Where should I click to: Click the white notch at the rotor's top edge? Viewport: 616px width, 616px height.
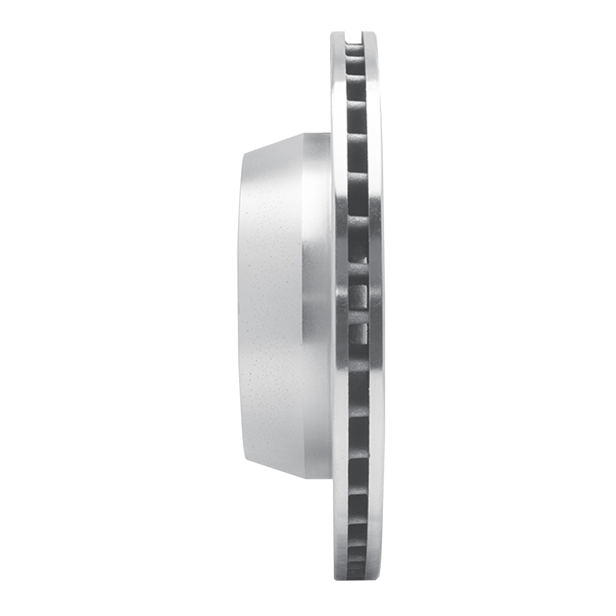click(354, 37)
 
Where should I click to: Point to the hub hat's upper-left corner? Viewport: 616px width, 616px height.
click(243, 154)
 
